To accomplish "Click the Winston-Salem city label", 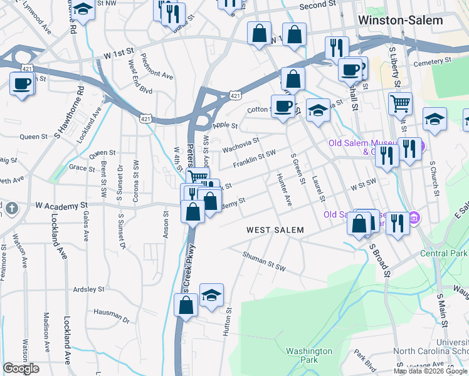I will pos(400,20).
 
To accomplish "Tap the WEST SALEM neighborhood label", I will pos(275,230).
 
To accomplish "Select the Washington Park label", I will pos(308,355).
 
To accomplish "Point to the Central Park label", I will pos(443,253).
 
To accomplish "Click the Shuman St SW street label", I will pos(265,261).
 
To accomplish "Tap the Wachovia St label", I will pos(240,145).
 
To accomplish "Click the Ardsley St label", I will pos(88,290).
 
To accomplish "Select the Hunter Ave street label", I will pos(284,191).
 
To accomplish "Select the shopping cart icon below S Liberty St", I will pos(400,103).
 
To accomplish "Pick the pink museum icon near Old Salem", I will pos(414,218).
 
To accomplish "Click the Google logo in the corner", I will pos(21,368).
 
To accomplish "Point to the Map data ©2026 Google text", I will pos(431,371).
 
